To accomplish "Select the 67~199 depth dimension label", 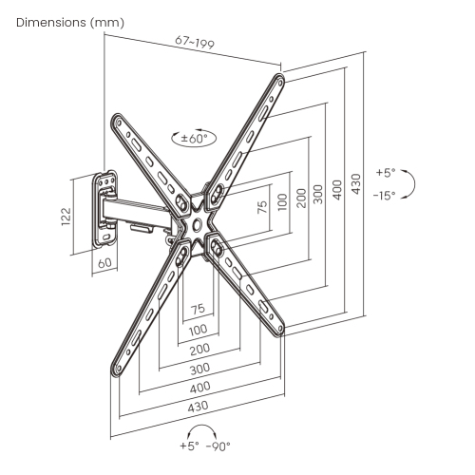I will point(195,44).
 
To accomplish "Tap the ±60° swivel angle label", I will point(194,138).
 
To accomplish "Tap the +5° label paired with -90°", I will point(190,445).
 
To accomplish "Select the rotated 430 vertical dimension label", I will point(355,182).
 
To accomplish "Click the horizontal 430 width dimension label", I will point(199,408).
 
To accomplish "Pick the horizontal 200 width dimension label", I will point(199,350).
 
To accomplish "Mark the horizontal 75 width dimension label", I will point(199,309).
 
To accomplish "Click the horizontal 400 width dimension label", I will point(199,389).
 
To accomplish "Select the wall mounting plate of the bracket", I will point(104,207).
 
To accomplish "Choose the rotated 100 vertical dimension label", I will point(282,201).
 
